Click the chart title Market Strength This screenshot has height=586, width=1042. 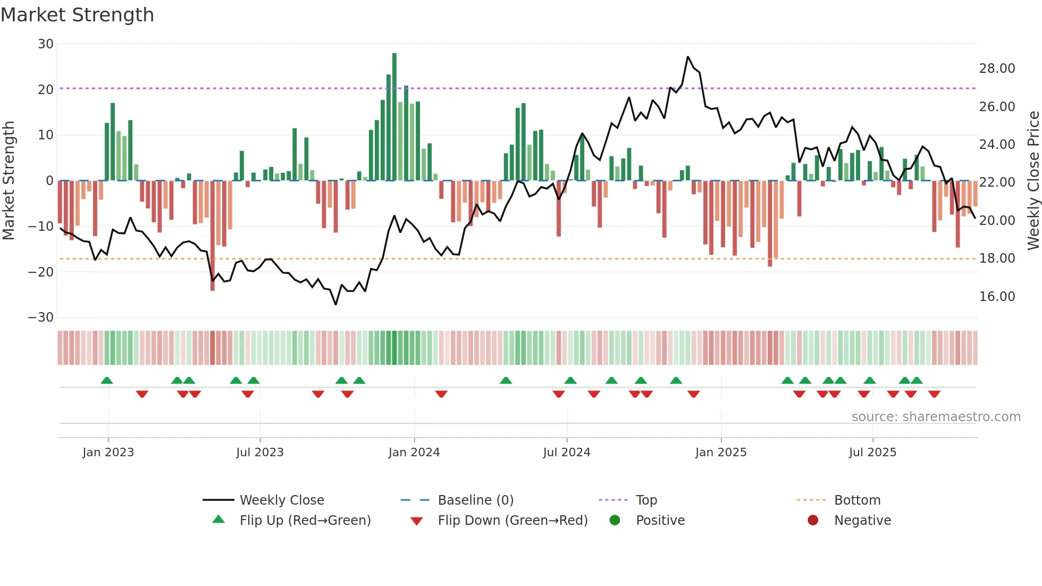click(x=77, y=15)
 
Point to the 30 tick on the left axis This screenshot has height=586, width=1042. click(x=46, y=44)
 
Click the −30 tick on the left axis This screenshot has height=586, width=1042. click(x=41, y=317)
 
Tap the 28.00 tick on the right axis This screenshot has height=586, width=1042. click(x=997, y=69)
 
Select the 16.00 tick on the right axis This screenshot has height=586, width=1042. click(x=997, y=297)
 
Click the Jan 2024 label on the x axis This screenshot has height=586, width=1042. click(x=414, y=453)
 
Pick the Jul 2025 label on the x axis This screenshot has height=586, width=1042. click(x=872, y=453)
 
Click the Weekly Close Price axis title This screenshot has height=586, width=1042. click(x=1033, y=181)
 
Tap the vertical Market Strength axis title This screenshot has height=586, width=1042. click(x=9, y=181)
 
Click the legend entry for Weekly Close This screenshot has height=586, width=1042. click(x=281, y=500)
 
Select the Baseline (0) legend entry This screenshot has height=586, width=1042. click(x=475, y=500)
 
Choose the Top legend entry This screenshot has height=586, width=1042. click(x=646, y=500)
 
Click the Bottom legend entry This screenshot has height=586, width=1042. click(x=857, y=500)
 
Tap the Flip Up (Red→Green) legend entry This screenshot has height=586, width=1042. click(x=305, y=521)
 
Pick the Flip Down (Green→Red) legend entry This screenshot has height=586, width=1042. click(x=512, y=521)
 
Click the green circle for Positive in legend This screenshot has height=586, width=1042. click(x=615, y=521)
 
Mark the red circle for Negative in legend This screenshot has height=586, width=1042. click(x=813, y=521)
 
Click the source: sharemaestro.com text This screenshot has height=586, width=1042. click(x=936, y=417)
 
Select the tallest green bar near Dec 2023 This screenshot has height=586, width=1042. click(x=394, y=117)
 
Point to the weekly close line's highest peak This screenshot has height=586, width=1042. click(x=688, y=57)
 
